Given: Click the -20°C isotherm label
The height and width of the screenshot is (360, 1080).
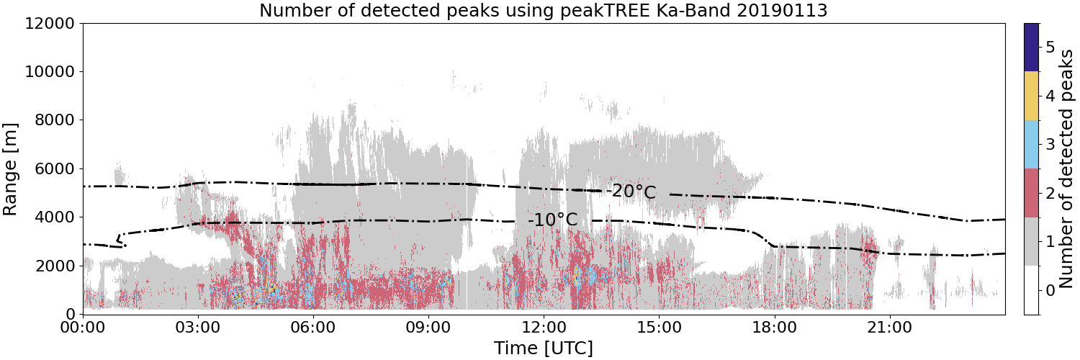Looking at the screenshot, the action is [631, 192].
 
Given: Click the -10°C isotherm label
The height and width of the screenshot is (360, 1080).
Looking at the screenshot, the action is [552, 220].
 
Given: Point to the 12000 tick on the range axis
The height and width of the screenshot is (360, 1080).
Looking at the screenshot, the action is [50, 23].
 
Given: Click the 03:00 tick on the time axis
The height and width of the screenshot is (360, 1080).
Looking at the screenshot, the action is [198, 328].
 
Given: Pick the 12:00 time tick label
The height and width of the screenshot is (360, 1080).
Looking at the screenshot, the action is [544, 328].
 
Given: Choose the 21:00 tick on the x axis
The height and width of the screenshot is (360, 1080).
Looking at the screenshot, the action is [889, 328].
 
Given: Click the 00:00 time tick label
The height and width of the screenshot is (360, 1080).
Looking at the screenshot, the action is [84, 328].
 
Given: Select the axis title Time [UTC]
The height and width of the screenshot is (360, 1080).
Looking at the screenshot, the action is [544, 348].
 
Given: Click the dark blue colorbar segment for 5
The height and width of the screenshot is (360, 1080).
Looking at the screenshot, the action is [1031, 48].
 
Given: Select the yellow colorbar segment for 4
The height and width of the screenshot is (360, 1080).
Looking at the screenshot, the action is [1031, 96].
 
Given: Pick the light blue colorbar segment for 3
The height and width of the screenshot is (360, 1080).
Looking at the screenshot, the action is [1031, 145].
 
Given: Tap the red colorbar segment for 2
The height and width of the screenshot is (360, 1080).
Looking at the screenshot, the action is [1031, 193].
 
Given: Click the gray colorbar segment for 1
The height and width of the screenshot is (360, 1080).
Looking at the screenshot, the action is [1031, 241].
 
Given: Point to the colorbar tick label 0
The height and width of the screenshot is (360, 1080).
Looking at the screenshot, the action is [1050, 291].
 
